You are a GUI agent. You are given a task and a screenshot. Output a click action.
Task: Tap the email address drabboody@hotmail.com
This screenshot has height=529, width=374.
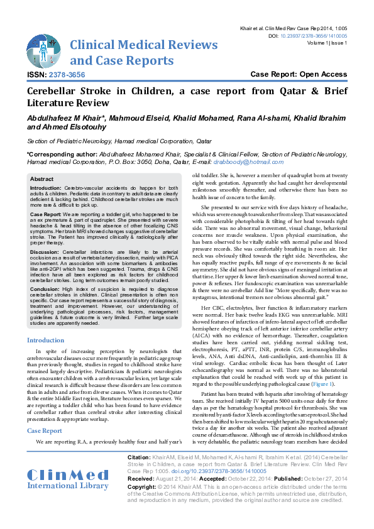coord(245,161)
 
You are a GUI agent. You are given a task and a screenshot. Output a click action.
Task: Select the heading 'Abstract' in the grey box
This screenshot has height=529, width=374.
coord(42,179)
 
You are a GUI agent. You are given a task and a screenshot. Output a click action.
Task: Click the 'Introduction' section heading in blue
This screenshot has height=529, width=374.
coord(45,340)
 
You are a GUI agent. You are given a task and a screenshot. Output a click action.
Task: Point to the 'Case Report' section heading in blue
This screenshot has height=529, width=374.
coord(45,431)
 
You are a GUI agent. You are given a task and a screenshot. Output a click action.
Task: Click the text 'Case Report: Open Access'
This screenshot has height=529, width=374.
coord(299,74)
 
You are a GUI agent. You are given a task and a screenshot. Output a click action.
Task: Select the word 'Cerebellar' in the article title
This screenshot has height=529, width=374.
coord(60,91)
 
